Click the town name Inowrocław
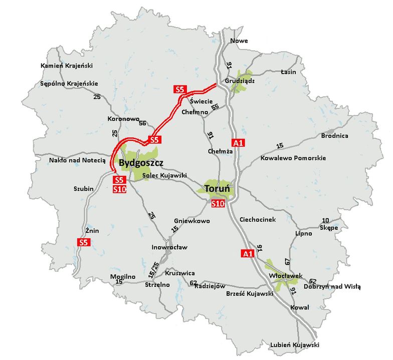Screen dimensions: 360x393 tap(169, 247)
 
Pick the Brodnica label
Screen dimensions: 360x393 tap(335, 136)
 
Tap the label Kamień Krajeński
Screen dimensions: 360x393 tap(66, 66)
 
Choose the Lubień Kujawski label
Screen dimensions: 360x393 tap(295, 345)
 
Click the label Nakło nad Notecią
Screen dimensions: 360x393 tap(77, 160)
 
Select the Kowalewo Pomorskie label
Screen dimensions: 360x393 tap(293, 158)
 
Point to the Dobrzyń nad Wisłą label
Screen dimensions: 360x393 tap(335, 287)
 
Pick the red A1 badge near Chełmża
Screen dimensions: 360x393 tap(239, 143)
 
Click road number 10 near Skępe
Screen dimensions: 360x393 tap(326, 220)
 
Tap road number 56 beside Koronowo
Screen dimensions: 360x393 tap(142, 123)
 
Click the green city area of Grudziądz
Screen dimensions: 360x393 tap(240, 87)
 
